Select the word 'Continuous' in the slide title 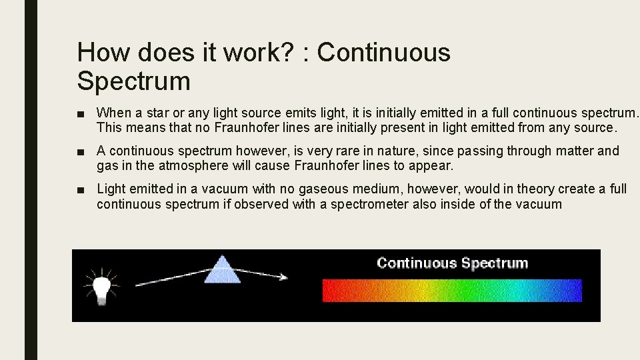[x=384, y=53]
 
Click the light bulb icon [x=101, y=287]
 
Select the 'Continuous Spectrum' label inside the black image [x=452, y=263]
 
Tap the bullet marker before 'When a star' [x=81, y=113]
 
